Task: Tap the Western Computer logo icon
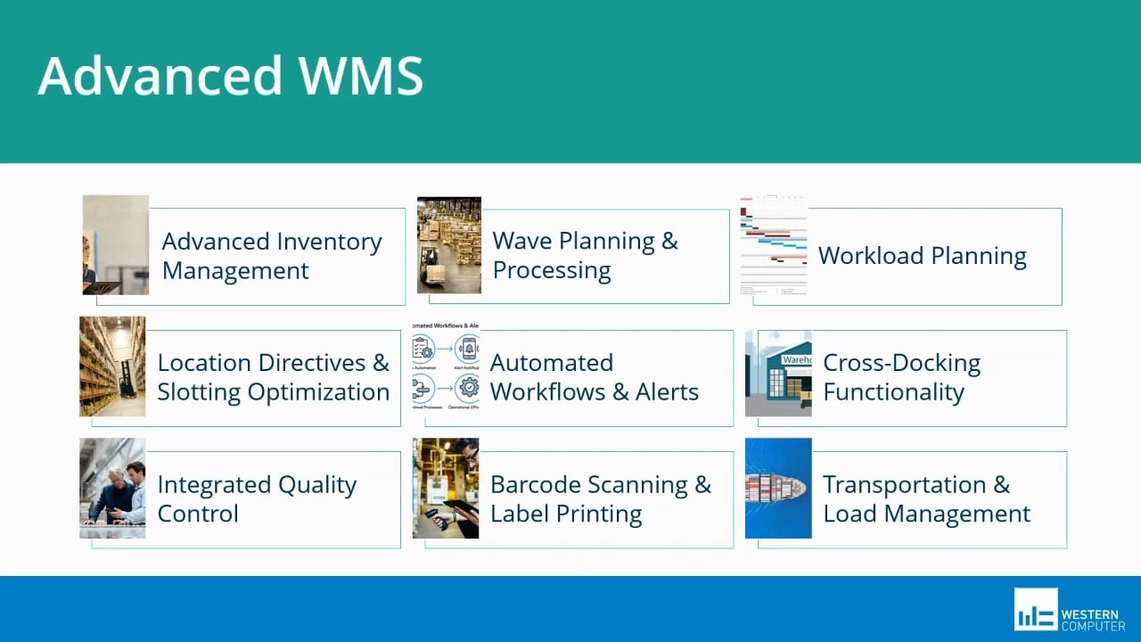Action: [x=1035, y=610]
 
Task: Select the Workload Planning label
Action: [x=922, y=256]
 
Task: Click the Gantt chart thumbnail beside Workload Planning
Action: [x=774, y=245]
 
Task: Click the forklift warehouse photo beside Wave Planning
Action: [x=449, y=245]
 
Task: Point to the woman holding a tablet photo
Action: [x=115, y=245]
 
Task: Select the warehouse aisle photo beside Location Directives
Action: [x=112, y=366]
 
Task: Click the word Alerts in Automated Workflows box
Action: [x=667, y=392]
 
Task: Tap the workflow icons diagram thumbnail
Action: [x=446, y=366]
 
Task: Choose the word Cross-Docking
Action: [x=901, y=363]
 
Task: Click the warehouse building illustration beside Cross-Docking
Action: [x=778, y=373]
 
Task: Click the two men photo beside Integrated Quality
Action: [x=112, y=488]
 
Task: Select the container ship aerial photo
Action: [x=778, y=488]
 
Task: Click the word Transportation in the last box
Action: [x=904, y=485]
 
